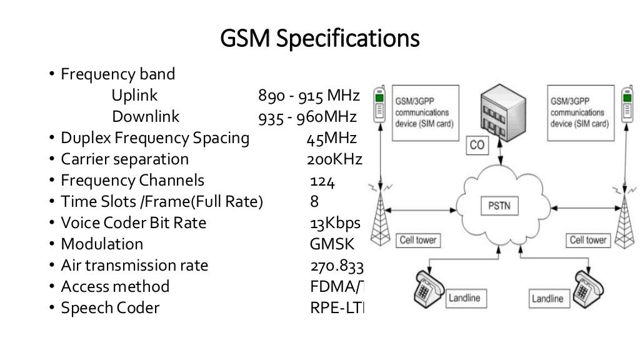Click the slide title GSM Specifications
[320, 39]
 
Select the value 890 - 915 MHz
[309, 96]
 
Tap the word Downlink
[146, 117]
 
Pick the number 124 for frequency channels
[322, 181]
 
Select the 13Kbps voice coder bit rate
[334, 223]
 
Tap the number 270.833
[336, 266]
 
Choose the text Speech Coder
[110, 307]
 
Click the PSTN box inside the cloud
[499, 206]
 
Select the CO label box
[477, 146]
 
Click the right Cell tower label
[587, 239]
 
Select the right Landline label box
[547, 299]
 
